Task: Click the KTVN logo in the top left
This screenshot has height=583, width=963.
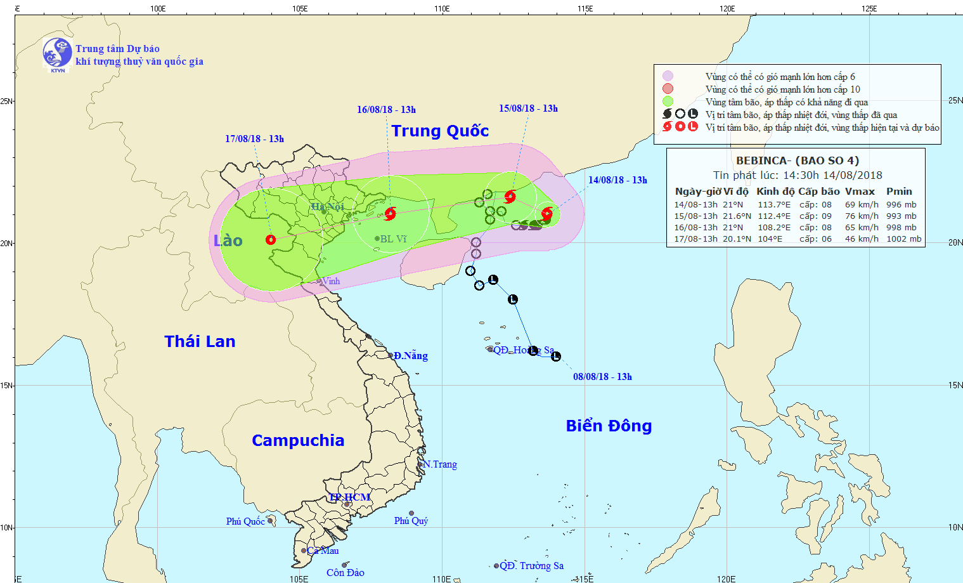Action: click(57, 53)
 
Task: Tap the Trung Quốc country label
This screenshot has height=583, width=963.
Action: click(440, 131)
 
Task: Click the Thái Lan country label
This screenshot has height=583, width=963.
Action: click(200, 341)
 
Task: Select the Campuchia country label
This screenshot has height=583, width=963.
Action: click(298, 440)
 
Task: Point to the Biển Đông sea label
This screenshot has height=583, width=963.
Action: click(609, 426)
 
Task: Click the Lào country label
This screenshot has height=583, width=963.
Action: click(228, 240)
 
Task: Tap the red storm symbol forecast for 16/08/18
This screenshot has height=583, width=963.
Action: click(390, 214)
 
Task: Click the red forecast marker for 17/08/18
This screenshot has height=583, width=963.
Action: click(271, 240)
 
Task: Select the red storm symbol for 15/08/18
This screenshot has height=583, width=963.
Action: click(510, 197)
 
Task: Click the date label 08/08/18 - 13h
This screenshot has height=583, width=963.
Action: click(602, 377)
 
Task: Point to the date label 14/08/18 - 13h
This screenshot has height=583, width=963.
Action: click(617, 180)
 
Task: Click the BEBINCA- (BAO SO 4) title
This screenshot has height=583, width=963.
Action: click(798, 160)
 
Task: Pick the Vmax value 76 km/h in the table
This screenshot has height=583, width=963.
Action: click(862, 216)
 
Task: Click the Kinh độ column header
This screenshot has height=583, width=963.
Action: click(775, 192)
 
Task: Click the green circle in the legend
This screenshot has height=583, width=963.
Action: click(668, 102)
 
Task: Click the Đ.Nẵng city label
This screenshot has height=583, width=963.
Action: click(410, 356)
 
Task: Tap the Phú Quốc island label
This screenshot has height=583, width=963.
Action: click(245, 521)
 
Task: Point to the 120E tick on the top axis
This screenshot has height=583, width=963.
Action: click(727, 8)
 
